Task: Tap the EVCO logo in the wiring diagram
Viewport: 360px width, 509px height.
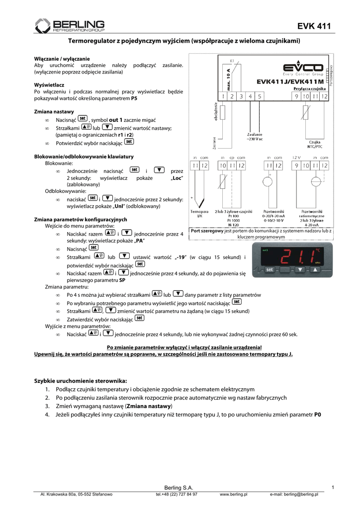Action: tap(302, 67)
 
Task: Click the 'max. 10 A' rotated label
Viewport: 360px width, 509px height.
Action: tap(221, 78)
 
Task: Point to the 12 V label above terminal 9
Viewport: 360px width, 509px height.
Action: tap(296, 157)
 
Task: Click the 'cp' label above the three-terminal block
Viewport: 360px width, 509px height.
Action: tap(232, 157)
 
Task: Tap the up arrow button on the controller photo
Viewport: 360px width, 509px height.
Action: tap(315, 270)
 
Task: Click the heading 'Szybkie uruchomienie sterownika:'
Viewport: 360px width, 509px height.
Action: tap(77, 380)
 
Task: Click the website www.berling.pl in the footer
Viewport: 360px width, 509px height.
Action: tap(234, 494)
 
